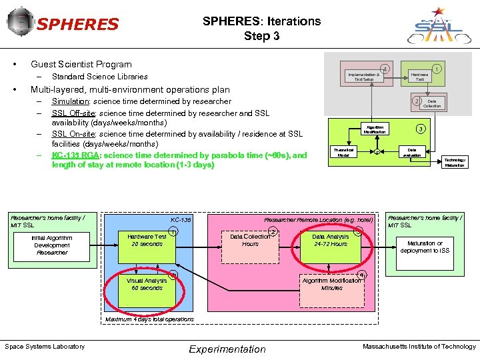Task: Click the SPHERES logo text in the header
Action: click(x=77, y=25)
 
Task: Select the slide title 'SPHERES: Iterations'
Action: click(x=261, y=21)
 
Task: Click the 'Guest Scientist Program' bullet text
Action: click(x=81, y=64)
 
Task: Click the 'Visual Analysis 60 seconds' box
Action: click(x=147, y=285)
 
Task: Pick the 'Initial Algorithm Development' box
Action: click(x=52, y=245)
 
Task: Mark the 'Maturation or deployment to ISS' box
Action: click(x=425, y=247)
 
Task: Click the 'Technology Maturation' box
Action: click(x=455, y=163)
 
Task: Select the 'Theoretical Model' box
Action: click(x=343, y=153)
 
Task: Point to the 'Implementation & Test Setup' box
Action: click(x=363, y=77)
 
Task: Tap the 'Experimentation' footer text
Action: click(x=227, y=349)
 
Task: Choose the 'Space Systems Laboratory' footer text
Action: click(x=45, y=346)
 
